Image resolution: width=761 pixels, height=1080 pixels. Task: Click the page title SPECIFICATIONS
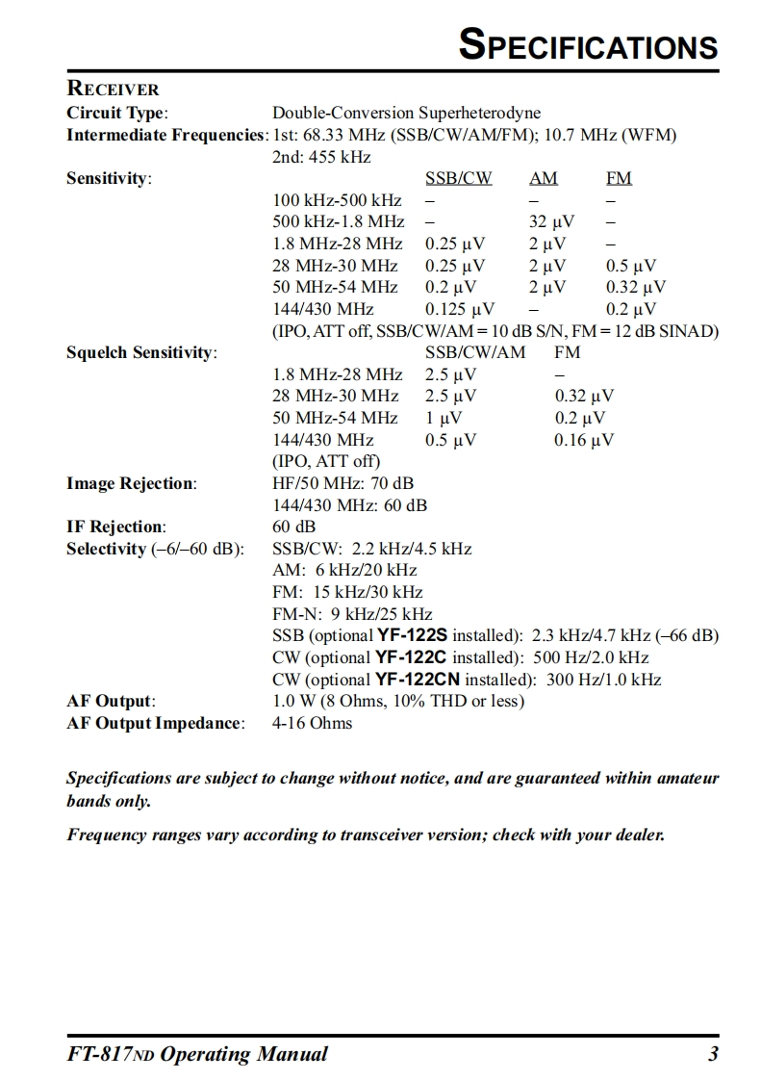(x=588, y=45)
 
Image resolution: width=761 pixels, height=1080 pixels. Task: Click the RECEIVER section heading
(x=113, y=90)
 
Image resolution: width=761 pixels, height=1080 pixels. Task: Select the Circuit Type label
(x=117, y=114)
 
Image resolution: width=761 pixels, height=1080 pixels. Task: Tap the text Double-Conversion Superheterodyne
(x=407, y=114)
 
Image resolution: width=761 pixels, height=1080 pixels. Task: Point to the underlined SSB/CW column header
(x=458, y=178)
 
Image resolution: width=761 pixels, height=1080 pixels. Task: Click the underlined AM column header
(x=543, y=178)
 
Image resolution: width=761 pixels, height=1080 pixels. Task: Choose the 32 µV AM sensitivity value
(x=551, y=222)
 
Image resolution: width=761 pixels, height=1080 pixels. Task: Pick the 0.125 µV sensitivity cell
(x=459, y=309)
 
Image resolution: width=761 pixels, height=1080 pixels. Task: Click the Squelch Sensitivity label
(x=141, y=352)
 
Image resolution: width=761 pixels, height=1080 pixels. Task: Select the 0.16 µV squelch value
(x=584, y=440)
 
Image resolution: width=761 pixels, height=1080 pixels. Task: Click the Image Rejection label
(x=131, y=483)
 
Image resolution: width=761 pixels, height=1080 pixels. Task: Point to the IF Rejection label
(x=115, y=527)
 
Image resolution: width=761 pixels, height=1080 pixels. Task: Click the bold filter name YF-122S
(x=412, y=635)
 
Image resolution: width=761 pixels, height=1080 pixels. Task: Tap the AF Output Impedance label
(x=154, y=723)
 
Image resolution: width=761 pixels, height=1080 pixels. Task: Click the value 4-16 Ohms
(x=313, y=723)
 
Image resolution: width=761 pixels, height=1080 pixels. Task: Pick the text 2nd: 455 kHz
(x=322, y=157)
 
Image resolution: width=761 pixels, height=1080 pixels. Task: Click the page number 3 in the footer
(x=713, y=1054)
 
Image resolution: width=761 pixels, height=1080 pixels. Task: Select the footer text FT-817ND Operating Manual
(x=196, y=1054)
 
